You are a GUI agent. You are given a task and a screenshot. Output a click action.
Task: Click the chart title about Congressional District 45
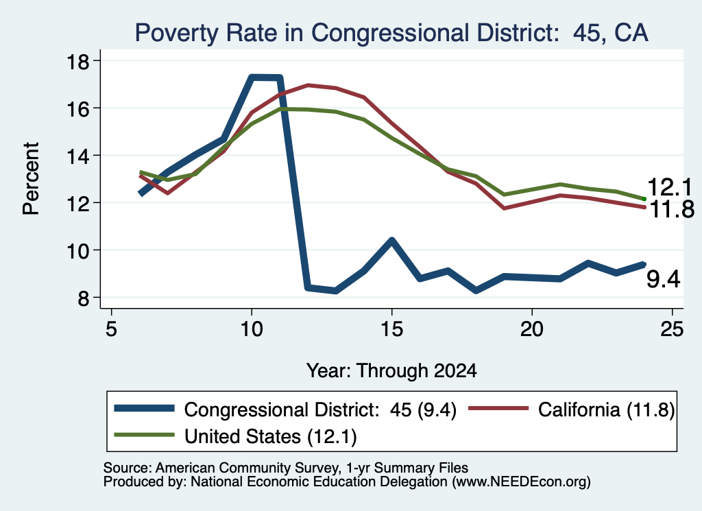[391, 33]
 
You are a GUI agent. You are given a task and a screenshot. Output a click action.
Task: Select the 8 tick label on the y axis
[83, 298]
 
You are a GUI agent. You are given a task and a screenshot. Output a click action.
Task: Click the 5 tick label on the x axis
[112, 329]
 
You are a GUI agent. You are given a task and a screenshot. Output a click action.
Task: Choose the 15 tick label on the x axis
[391, 329]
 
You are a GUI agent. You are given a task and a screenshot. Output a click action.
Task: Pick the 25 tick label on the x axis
[672, 329]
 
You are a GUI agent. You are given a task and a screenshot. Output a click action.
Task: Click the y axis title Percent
[31, 179]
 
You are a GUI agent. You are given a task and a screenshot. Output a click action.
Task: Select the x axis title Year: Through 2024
[391, 371]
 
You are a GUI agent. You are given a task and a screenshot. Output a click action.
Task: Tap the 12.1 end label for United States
[670, 187]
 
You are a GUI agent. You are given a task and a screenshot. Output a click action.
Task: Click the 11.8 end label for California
[672, 209]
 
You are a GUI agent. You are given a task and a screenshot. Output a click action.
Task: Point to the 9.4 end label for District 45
[664, 279]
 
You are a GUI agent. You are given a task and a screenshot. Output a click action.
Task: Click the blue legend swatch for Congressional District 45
[144, 408]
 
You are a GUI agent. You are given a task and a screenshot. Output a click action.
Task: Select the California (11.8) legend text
[606, 409]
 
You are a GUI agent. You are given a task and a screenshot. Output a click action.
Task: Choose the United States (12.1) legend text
[270, 436]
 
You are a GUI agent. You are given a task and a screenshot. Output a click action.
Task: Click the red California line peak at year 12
[308, 84]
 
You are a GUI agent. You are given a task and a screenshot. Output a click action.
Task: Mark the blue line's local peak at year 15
[391, 241]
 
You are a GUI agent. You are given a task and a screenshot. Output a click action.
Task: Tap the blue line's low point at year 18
[476, 291]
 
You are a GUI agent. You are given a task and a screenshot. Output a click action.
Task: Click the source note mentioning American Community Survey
[286, 468]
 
